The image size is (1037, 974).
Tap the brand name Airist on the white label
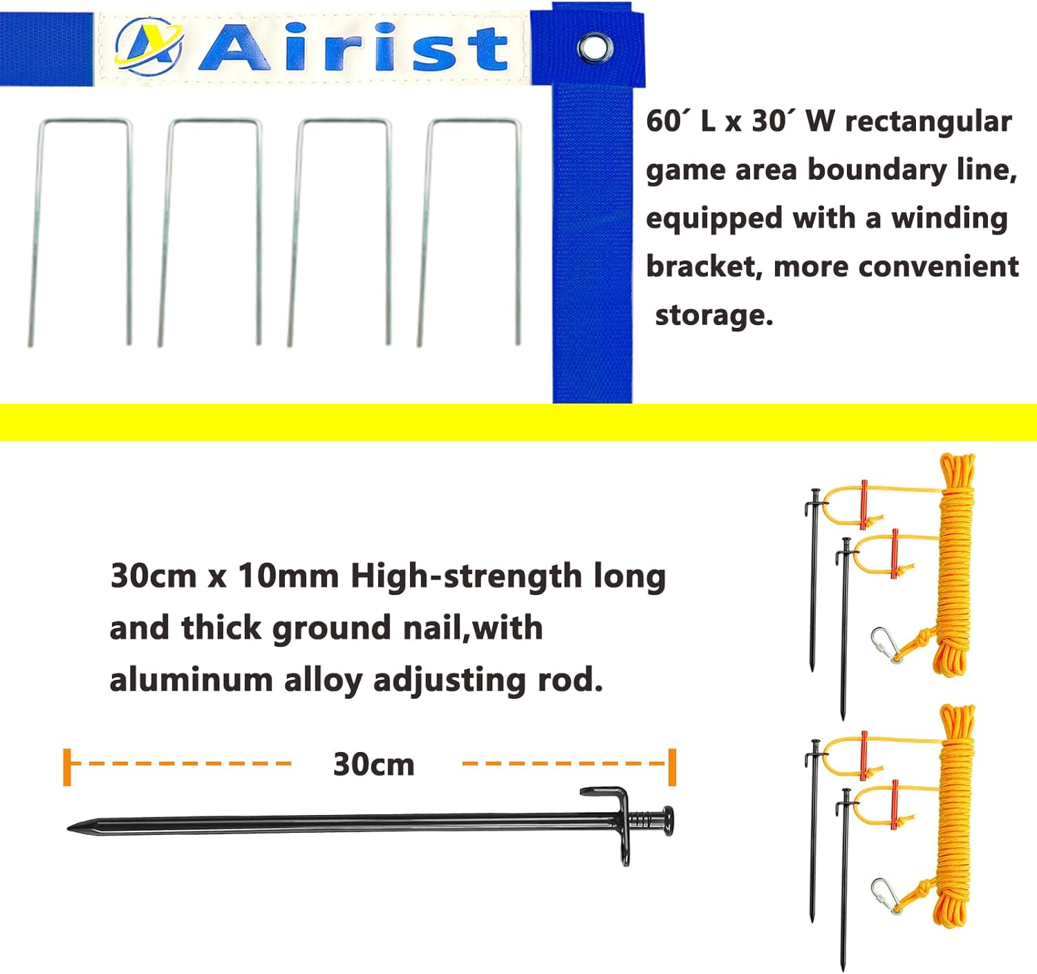(x=354, y=47)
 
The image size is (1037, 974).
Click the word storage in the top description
(x=713, y=315)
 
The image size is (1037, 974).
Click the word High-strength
(x=466, y=576)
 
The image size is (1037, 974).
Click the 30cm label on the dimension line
(x=373, y=764)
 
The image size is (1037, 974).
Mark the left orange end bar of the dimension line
(x=67, y=766)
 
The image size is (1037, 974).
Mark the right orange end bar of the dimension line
(x=671, y=766)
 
